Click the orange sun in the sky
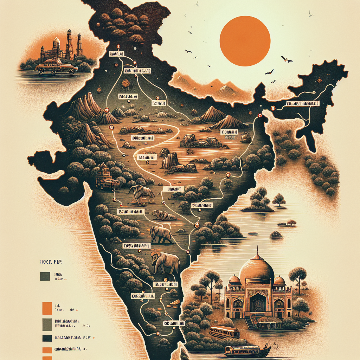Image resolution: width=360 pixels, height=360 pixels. (x=245, y=41)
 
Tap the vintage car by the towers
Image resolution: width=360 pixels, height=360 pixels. (x=56, y=66)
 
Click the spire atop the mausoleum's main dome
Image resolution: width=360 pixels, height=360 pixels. (x=257, y=250)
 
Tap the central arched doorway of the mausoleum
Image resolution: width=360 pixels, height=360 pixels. (x=258, y=302)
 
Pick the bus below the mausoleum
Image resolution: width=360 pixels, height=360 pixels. (x=224, y=332)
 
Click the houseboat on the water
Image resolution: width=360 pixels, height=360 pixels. (x=247, y=350)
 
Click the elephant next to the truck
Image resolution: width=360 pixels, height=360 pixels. (x=141, y=193)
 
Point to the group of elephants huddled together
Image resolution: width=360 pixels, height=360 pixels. (x=163, y=215)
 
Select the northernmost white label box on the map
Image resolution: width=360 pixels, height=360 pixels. (x=116, y=54)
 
